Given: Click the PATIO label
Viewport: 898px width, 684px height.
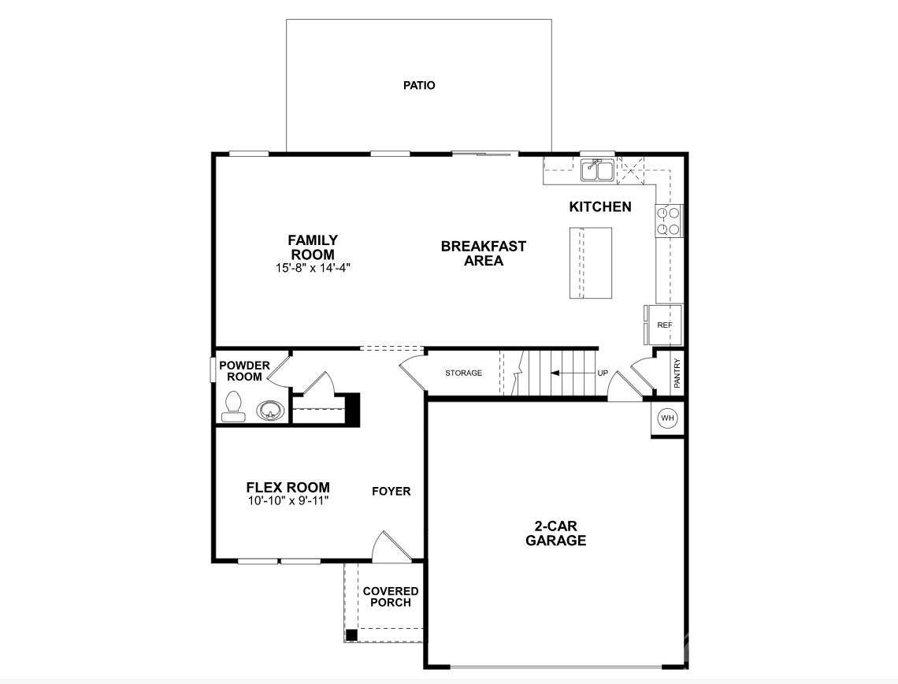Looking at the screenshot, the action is pyautogui.click(x=419, y=85).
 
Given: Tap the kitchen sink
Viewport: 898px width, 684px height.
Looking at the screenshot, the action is pyautogui.click(x=598, y=170).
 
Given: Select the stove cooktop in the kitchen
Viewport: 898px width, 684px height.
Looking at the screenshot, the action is pyautogui.click(x=668, y=221).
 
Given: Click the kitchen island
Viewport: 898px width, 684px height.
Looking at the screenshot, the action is pyautogui.click(x=591, y=262).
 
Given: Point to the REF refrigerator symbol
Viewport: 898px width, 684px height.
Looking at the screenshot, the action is pyautogui.click(x=663, y=325).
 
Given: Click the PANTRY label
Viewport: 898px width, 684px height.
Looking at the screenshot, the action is pyautogui.click(x=677, y=374).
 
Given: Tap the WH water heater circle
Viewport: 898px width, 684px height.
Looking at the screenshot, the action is pyautogui.click(x=667, y=418).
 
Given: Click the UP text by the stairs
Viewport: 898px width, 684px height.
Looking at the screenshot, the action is pyautogui.click(x=603, y=373).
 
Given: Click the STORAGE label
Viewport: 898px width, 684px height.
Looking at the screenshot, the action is pyautogui.click(x=464, y=373).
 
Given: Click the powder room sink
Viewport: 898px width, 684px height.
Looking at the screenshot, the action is pyautogui.click(x=270, y=411).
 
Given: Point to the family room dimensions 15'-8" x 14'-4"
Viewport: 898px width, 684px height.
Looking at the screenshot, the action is pyautogui.click(x=313, y=267).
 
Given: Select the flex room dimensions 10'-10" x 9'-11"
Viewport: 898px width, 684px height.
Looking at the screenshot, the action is pyautogui.click(x=288, y=500).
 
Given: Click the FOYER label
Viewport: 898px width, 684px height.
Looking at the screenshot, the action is pyautogui.click(x=391, y=492).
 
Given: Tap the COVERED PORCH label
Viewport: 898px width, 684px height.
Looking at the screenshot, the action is pyautogui.click(x=391, y=597).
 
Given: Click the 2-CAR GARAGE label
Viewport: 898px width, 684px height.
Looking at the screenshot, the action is pyautogui.click(x=556, y=533).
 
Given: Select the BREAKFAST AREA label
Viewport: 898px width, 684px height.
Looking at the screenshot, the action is pyautogui.click(x=484, y=253).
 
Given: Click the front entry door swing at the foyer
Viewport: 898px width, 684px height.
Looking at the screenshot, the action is pyautogui.click(x=391, y=546).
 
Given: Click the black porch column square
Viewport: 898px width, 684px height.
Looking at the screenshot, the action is pyautogui.click(x=351, y=634).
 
